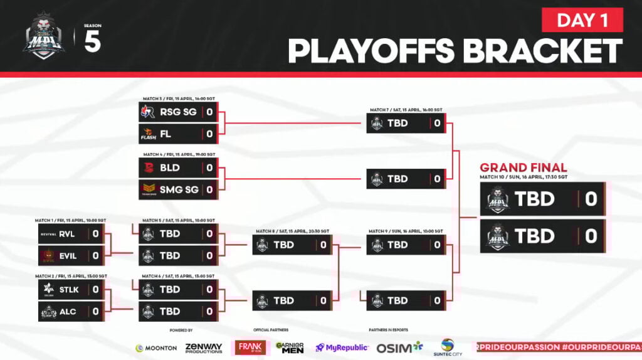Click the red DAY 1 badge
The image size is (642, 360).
pos(582,20)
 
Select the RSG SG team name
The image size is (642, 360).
pos(178,113)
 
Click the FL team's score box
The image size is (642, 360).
pos(209,134)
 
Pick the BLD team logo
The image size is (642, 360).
pos(149,167)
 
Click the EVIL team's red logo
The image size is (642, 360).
pos(48,255)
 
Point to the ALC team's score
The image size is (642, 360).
pos(96,311)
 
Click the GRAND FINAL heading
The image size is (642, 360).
pos(523,167)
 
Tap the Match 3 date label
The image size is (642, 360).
pos(179,98)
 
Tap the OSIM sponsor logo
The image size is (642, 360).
pos(400,347)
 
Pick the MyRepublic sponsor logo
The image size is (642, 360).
pos(342,347)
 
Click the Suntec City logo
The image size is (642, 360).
pos(447,347)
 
